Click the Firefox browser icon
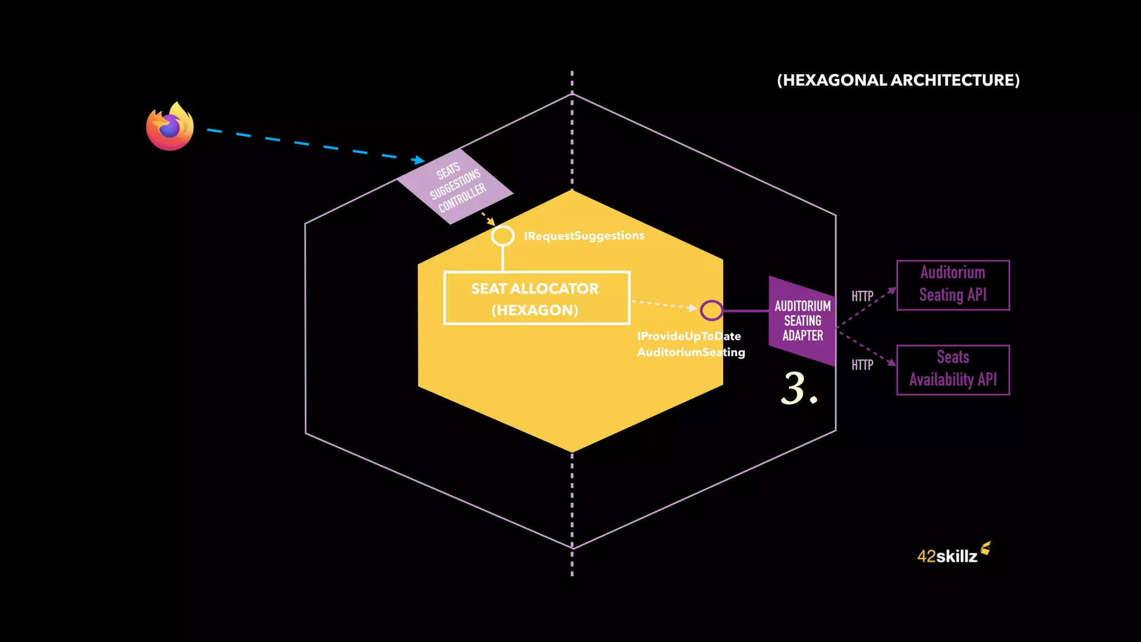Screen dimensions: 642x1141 (x=170, y=127)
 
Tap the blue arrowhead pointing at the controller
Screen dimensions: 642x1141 (x=418, y=160)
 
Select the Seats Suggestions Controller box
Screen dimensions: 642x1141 (x=455, y=186)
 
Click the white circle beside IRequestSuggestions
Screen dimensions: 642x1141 (x=503, y=236)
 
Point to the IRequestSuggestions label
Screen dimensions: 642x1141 (x=584, y=236)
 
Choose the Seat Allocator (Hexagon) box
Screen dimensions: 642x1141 (x=537, y=298)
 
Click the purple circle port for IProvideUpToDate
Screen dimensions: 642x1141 (x=711, y=310)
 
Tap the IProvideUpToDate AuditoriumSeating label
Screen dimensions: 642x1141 (x=691, y=344)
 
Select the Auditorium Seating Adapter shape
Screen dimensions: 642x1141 (x=802, y=321)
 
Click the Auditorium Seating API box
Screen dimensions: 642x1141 (x=953, y=285)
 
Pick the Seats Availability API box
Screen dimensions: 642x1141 (x=953, y=369)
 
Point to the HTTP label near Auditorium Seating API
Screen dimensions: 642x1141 (x=862, y=296)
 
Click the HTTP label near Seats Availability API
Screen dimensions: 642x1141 (x=862, y=365)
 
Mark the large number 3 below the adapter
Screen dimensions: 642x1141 (x=794, y=388)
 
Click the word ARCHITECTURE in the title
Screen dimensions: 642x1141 (x=955, y=80)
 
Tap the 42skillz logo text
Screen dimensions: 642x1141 (x=947, y=556)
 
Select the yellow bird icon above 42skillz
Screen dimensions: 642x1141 (x=986, y=548)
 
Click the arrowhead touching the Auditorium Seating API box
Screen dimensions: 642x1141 (x=893, y=290)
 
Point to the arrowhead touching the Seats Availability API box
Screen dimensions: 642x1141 (x=892, y=362)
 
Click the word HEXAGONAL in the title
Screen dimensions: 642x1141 (x=835, y=80)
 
